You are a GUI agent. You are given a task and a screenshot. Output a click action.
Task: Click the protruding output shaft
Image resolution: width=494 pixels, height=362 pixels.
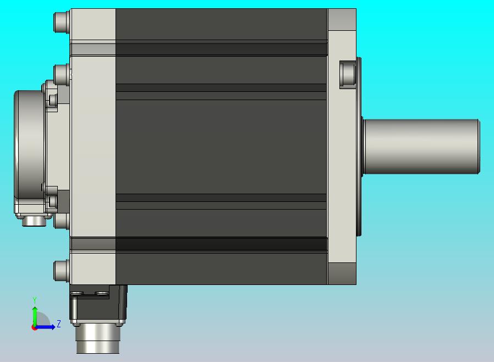point(421,146)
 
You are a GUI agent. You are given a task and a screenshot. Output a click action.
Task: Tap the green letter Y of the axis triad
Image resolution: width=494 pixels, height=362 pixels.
point(35,300)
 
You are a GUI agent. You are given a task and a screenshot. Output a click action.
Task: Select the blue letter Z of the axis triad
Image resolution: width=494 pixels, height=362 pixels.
point(59,323)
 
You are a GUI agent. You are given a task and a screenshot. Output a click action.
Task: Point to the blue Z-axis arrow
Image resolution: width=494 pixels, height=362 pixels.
point(45,327)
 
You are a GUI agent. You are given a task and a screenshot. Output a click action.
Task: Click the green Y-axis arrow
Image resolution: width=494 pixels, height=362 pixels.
point(35,317)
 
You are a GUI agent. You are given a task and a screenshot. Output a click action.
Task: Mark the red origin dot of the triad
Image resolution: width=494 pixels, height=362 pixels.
point(34,328)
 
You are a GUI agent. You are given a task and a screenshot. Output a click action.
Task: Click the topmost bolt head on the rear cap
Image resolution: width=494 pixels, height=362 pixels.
point(62,22)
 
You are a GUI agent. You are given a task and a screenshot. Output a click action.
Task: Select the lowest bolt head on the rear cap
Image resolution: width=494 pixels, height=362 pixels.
point(62,271)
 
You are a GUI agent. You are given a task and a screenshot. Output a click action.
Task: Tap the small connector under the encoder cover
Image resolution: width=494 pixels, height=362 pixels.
point(34,221)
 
